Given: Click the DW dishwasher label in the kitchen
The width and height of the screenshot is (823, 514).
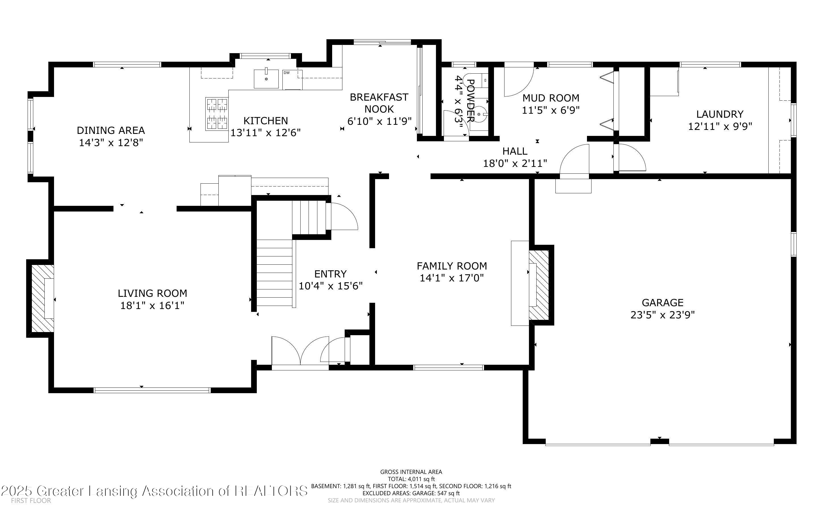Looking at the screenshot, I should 286,73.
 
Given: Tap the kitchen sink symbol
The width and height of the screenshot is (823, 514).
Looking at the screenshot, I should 266,78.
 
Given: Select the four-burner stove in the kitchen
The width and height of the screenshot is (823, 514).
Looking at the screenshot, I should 216,114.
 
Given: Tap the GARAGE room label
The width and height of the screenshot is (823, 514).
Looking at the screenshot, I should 662,302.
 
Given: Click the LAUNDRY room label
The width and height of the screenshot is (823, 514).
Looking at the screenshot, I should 720,114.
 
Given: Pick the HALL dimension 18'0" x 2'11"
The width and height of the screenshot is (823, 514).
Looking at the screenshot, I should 515,163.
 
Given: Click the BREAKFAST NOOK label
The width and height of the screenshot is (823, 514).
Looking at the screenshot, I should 379,103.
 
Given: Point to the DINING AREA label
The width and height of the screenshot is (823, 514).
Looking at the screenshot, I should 111,130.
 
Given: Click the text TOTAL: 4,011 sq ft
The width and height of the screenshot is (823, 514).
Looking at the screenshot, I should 411,479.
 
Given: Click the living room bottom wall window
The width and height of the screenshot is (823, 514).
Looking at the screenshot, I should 152,390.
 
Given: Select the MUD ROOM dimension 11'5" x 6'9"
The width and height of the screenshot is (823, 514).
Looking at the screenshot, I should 550,110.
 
